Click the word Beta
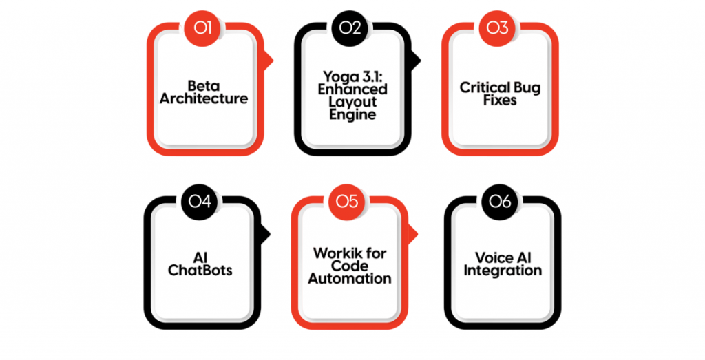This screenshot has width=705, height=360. pyautogui.click(x=204, y=86)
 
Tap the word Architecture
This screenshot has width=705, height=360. pyautogui.click(x=204, y=98)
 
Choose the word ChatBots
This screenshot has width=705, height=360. pyautogui.click(x=200, y=270)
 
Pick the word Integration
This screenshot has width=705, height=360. pyautogui.click(x=503, y=270)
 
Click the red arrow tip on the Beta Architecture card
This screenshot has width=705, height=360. pyautogui.click(x=271, y=60)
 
